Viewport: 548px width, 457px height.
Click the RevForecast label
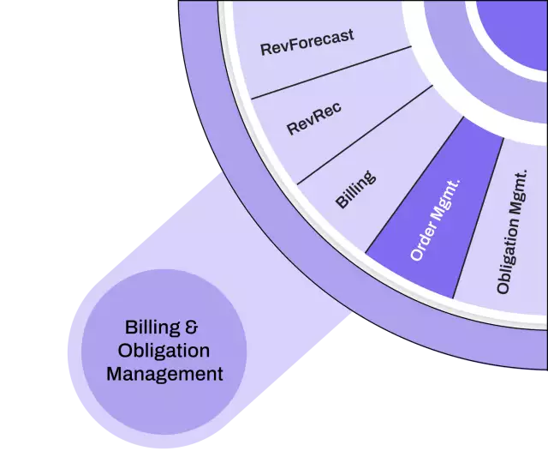pos(307,43)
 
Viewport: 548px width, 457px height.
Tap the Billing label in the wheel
pos(354,189)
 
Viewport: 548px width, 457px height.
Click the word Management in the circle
pos(164,374)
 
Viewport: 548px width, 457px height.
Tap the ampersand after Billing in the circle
pos(193,327)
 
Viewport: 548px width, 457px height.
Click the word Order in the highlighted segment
pos(423,245)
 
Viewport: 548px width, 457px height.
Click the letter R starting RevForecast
pos(265,49)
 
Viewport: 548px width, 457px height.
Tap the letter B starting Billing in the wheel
pos(340,205)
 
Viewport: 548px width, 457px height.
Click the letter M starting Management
pos(115,374)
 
